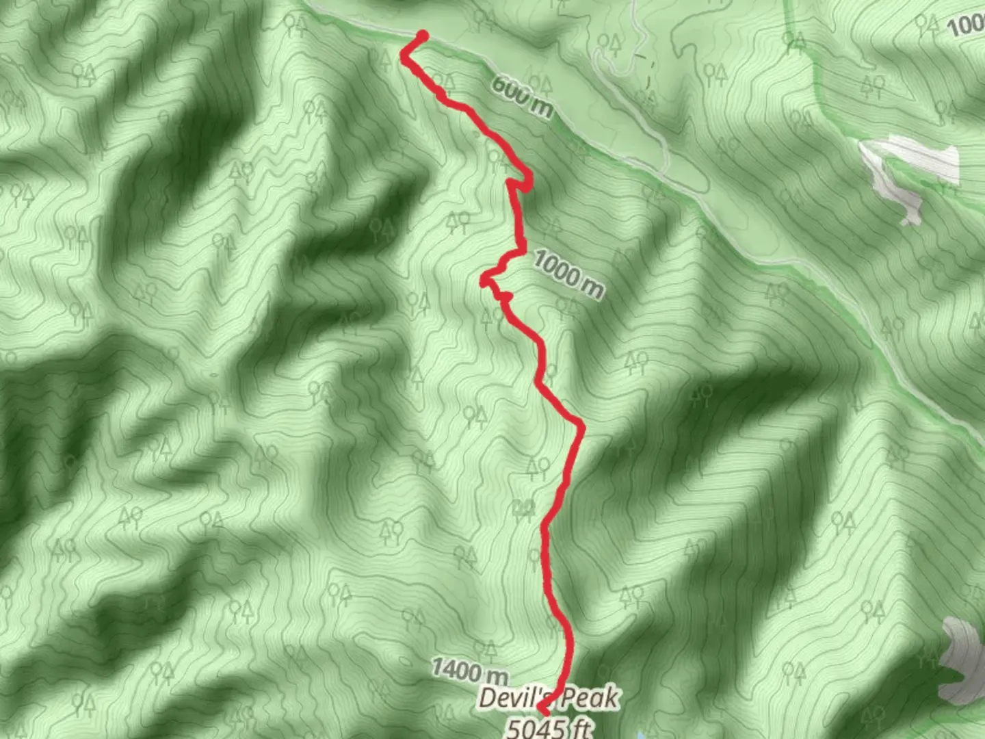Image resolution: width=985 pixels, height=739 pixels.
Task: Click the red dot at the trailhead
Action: pos(423,36)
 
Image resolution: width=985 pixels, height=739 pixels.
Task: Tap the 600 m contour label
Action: pos(521,96)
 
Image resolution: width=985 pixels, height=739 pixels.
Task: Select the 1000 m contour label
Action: pos(568,274)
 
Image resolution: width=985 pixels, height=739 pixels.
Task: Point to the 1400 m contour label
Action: pos(469,670)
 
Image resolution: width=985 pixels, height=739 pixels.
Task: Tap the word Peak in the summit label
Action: pos(592,698)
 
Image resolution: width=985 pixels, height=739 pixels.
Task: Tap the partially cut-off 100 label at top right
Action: pos(966,25)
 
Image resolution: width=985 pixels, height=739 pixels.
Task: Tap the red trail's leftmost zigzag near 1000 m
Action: pos(484,279)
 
